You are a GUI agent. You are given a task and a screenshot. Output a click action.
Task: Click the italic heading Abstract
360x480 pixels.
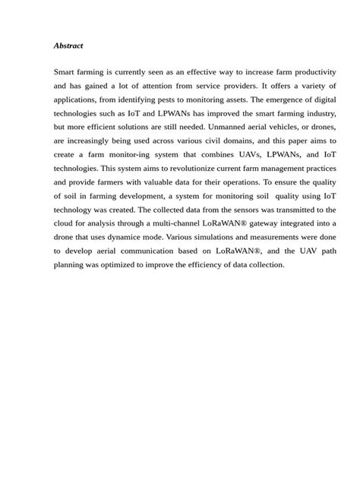pos(68,46)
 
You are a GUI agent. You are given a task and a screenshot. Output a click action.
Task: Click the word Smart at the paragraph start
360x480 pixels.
pos(65,71)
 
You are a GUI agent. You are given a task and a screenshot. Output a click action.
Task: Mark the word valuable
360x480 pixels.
pos(173,183)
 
